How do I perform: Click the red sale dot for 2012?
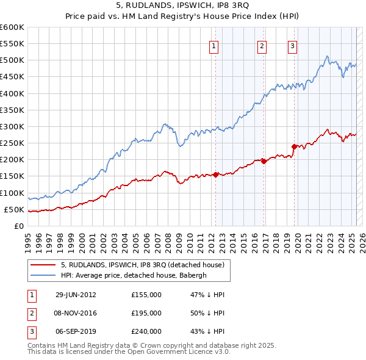[215, 175]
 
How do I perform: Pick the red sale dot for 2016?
[264, 161]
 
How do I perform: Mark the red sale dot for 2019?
[294, 146]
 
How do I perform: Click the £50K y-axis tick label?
[15, 210]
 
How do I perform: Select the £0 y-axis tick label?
[20, 226]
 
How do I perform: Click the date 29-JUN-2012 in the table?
[76, 295]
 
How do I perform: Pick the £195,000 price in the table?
[146, 313]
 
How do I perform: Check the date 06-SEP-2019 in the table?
[76, 331]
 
